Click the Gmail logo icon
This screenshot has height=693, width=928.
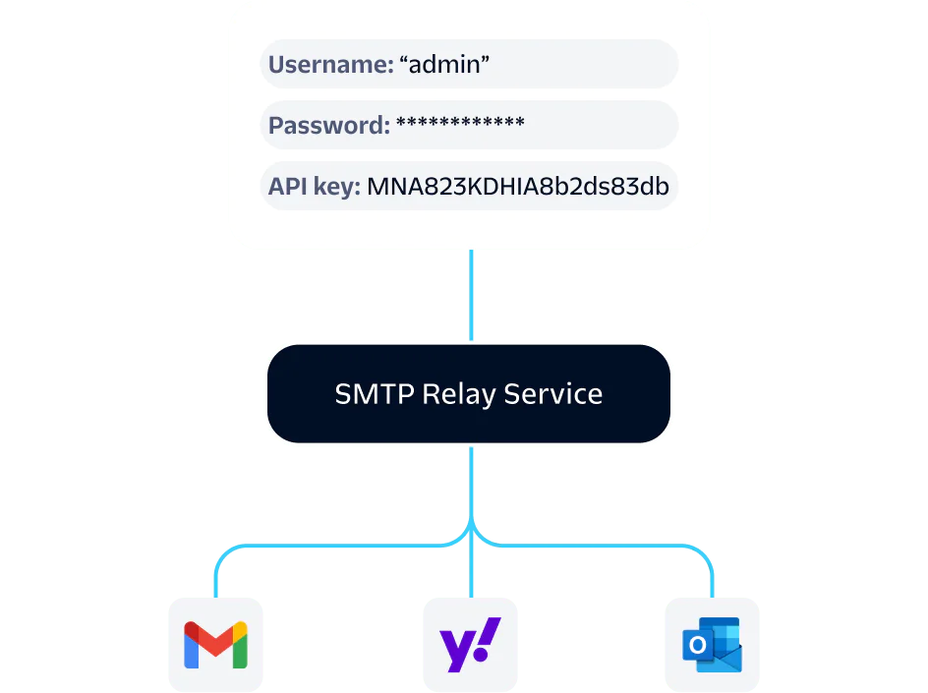[x=215, y=645]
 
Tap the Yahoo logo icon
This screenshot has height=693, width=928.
[x=470, y=645]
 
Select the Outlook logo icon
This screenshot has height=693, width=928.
[x=712, y=645]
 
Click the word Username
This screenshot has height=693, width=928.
[x=330, y=65]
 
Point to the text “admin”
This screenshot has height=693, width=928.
[x=444, y=65]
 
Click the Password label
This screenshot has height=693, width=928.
[x=328, y=126]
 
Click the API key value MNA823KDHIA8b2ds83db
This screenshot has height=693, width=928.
[x=518, y=187]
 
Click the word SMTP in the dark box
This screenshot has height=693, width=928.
[x=375, y=394]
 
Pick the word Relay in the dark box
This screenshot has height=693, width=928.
[x=458, y=395]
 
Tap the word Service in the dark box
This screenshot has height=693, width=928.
[x=552, y=394]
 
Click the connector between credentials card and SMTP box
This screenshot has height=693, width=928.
[x=472, y=295]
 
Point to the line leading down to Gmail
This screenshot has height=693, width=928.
[x=215, y=575]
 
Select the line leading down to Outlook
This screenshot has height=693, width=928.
[x=712, y=575]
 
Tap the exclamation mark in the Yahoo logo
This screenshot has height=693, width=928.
[x=490, y=638]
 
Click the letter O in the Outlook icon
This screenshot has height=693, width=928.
[x=697, y=646]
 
